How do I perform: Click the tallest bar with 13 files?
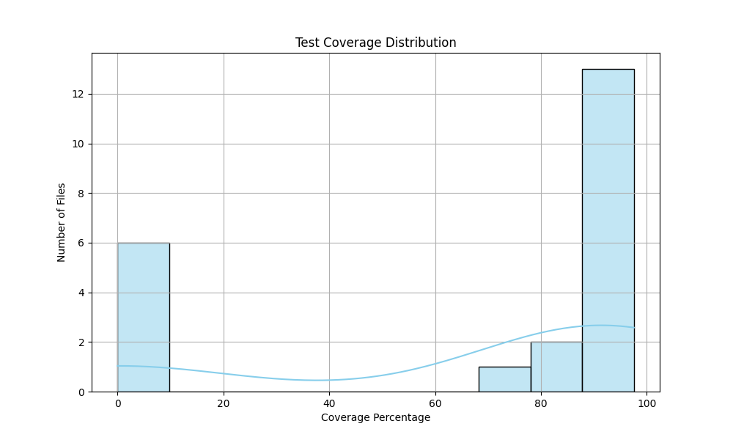tap(608, 230)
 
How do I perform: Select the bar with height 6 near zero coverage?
tap(143, 317)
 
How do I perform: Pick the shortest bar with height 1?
tap(504, 379)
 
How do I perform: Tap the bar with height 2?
tap(556, 367)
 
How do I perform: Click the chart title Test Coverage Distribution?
tap(375, 43)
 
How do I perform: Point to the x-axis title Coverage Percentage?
tap(375, 417)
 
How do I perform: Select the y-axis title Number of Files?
tap(62, 222)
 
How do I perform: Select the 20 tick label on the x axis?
tap(224, 403)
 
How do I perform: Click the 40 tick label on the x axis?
tap(329, 403)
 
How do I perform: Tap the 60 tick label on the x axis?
tap(435, 403)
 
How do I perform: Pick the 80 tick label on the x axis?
tap(541, 403)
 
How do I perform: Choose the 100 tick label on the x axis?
tap(647, 403)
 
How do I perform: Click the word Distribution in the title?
tap(427, 43)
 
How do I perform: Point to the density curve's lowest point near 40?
tap(318, 380)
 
